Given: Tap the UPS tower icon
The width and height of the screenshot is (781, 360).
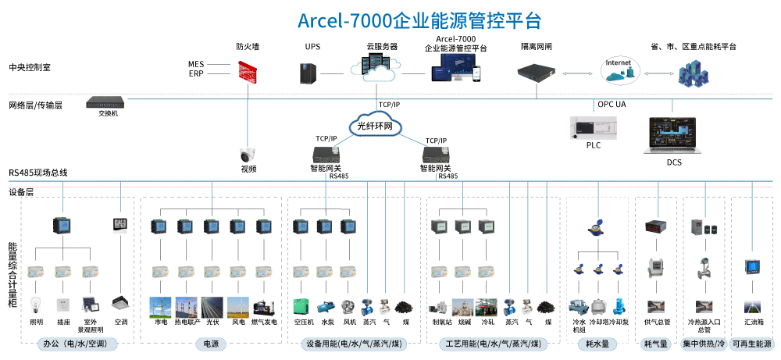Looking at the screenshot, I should click(x=307, y=73).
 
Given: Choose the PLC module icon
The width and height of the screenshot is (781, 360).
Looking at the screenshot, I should click(x=594, y=127).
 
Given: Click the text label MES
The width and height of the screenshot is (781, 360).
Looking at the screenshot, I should click(x=195, y=64).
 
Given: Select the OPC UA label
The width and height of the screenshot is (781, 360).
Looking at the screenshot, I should click(x=612, y=104).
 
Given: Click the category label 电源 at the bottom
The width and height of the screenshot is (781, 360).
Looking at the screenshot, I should click(x=211, y=344).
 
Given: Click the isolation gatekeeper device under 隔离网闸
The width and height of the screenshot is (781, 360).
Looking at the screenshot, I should click(x=537, y=73).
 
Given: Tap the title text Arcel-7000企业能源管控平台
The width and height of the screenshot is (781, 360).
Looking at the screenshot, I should click(x=419, y=20).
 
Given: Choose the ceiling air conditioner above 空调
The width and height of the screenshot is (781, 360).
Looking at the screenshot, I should click(x=120, y=301).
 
